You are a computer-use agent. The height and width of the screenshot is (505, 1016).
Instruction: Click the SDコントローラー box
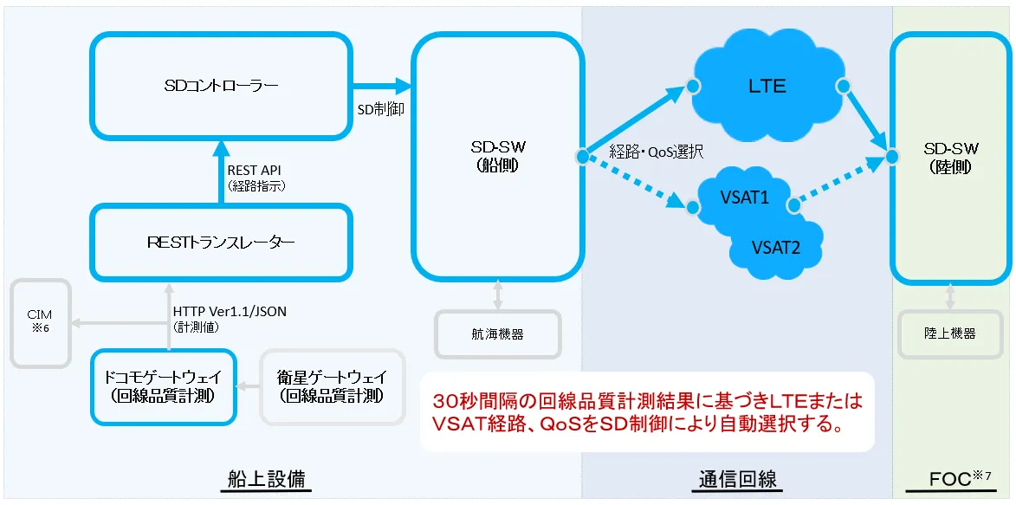tap(222, 86)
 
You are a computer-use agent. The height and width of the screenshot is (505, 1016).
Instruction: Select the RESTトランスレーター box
tap(222, 243)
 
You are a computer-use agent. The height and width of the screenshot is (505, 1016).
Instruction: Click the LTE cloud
tap(767, 86)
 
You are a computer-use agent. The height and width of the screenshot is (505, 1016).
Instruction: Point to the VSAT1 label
tap(744, 197)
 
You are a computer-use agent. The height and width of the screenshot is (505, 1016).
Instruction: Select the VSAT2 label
tap(776, 247)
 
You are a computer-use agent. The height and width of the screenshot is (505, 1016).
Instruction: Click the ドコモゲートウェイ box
tap(163, 386)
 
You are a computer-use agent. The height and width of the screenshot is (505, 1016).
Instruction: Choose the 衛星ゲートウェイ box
tap(333, 386)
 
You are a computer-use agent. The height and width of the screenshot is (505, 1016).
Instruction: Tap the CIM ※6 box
tap(40, 323)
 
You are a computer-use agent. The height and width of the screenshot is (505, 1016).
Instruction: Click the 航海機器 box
tap(497, 333)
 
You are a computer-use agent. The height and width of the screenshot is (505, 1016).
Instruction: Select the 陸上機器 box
tap(949, 333)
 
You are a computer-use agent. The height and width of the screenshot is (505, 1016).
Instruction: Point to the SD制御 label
tap(380, 110)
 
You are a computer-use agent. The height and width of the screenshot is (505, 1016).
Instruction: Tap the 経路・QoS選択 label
tap(657, 152)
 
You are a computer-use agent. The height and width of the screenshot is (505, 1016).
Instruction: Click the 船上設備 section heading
tap(265, 478)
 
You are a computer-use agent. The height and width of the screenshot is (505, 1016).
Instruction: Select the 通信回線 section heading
tap(737, 478)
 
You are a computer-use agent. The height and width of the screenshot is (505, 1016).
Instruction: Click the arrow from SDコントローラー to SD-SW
tap(381, 86)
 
